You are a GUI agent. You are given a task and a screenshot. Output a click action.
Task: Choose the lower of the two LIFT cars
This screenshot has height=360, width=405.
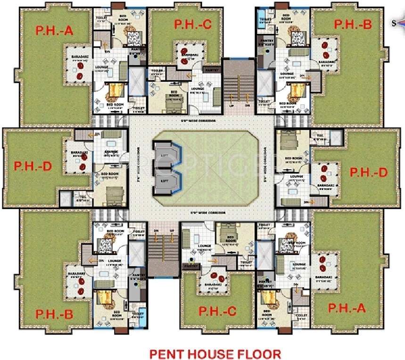(164, 181)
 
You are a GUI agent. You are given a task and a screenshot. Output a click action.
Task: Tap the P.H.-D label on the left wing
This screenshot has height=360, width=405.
(32, 167)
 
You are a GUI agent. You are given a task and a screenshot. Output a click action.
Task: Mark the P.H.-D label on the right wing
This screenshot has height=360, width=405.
(368, 172)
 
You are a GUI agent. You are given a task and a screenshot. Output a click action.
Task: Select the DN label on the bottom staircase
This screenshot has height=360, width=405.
(156, 230)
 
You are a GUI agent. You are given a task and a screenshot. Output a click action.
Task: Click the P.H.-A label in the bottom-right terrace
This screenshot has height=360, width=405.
(346, 309)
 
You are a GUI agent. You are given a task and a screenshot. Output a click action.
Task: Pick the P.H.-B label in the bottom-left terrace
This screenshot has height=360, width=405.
(54, 315)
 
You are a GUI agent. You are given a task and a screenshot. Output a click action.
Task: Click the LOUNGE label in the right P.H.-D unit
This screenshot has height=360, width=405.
(297, 176)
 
